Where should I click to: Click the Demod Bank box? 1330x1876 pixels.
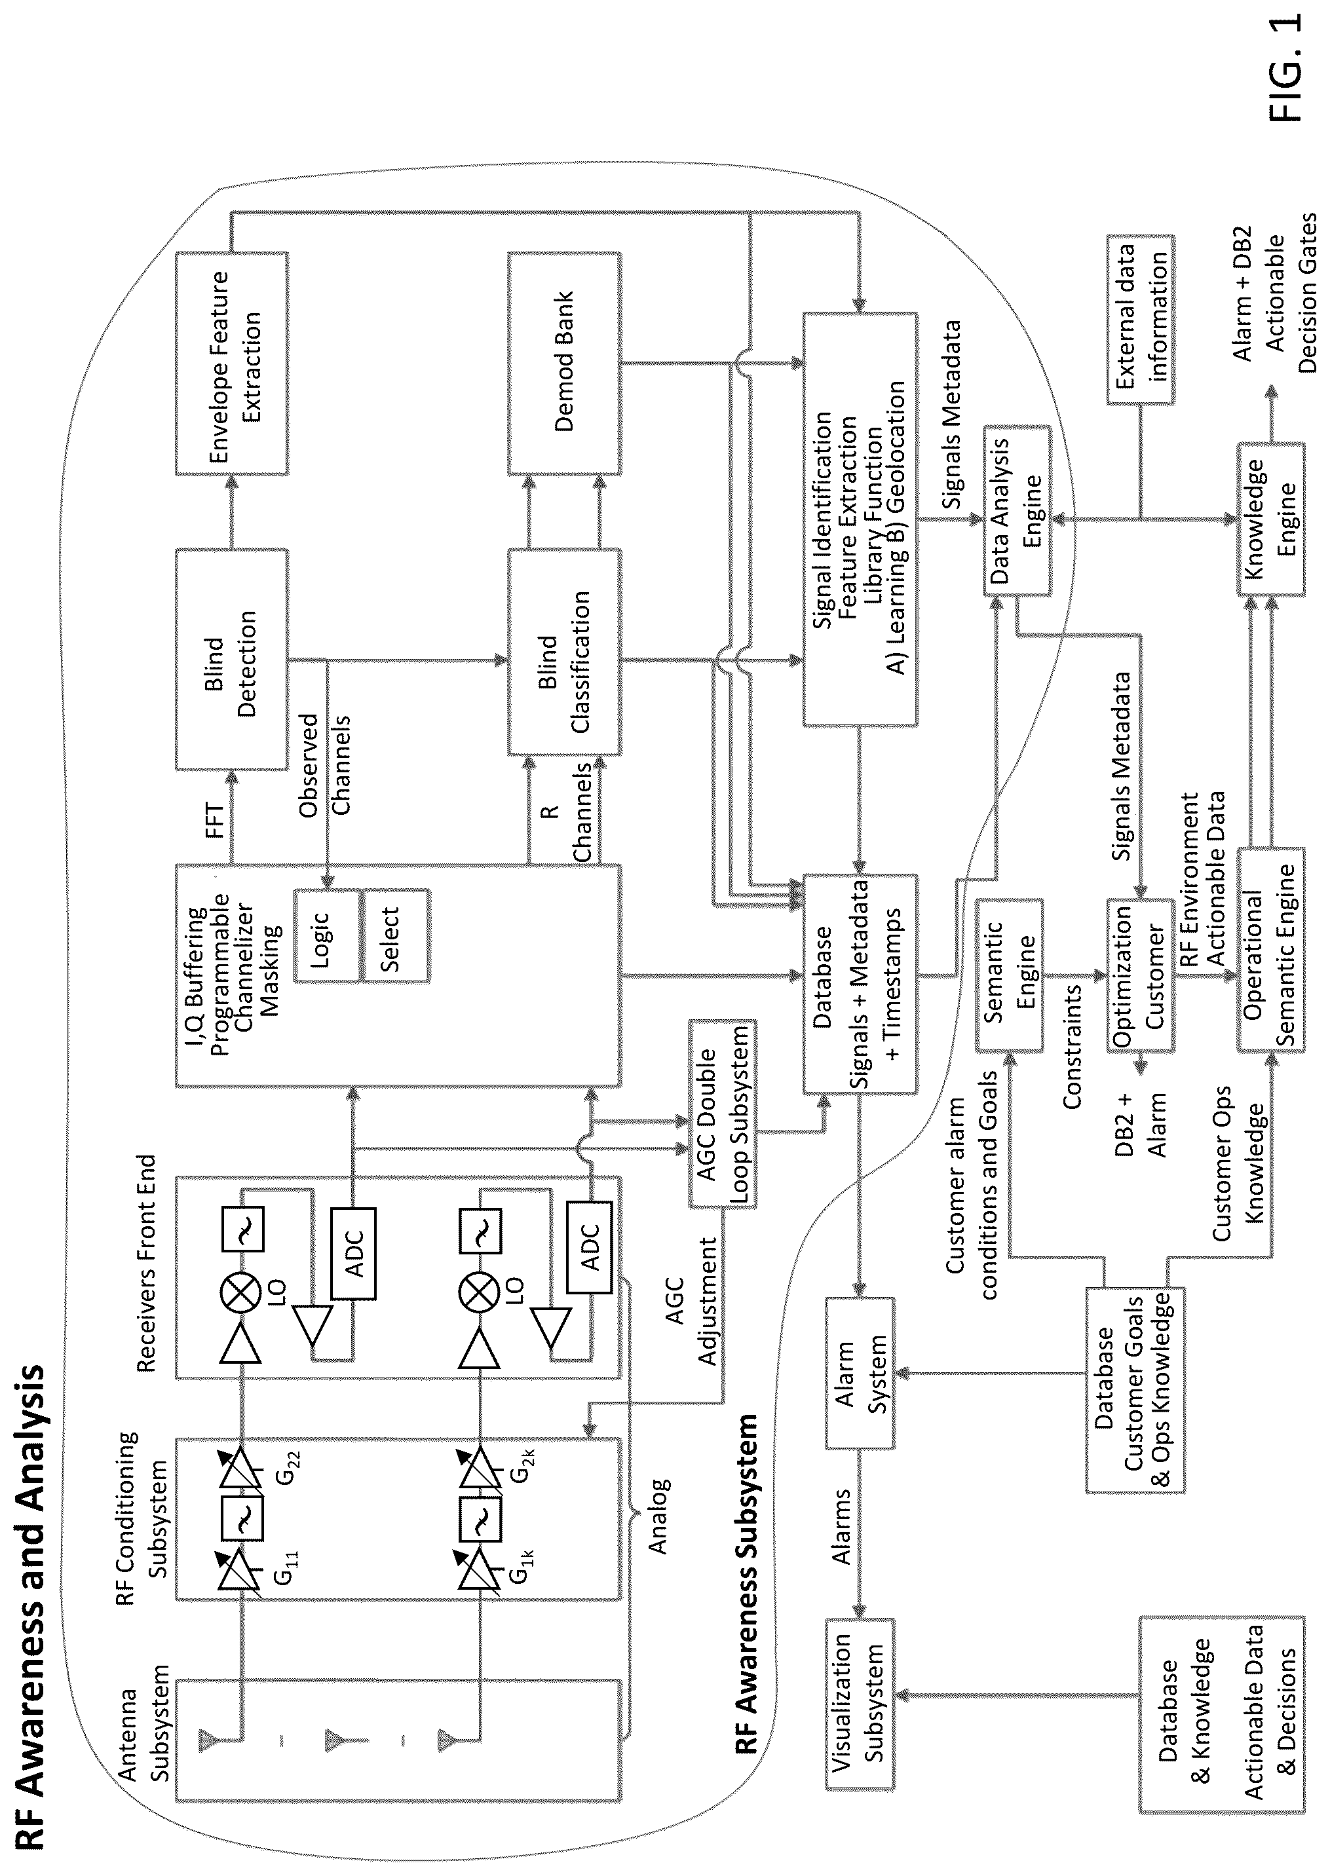click(563, 363)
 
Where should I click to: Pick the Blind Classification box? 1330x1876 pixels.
click(563, 652)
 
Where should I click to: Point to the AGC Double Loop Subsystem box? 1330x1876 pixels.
click(721, 1113)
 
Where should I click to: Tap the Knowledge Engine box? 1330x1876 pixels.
click(1268, 518)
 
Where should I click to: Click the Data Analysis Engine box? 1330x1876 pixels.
click(1016, 510)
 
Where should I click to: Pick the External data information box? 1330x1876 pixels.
click(1139, 320)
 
